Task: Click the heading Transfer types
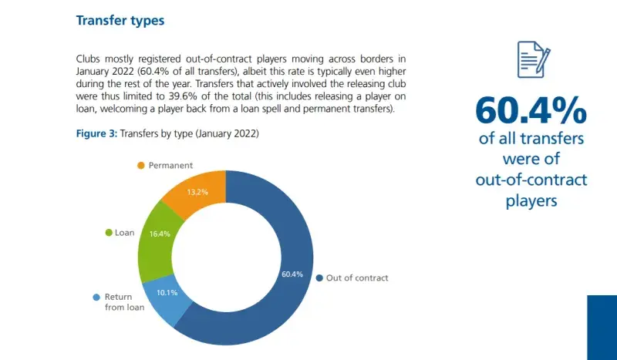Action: [120, 21]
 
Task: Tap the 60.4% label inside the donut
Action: [292, 274]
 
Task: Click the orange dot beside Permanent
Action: [140, 166]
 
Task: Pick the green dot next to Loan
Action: [108, 232]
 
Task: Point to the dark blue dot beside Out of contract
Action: [319, 278]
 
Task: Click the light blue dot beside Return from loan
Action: [96, 297]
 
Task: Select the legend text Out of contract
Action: [357, 278]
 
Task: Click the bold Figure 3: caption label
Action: [96, 133]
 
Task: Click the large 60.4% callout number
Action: [531, 110]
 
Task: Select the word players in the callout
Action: [531, 201]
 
